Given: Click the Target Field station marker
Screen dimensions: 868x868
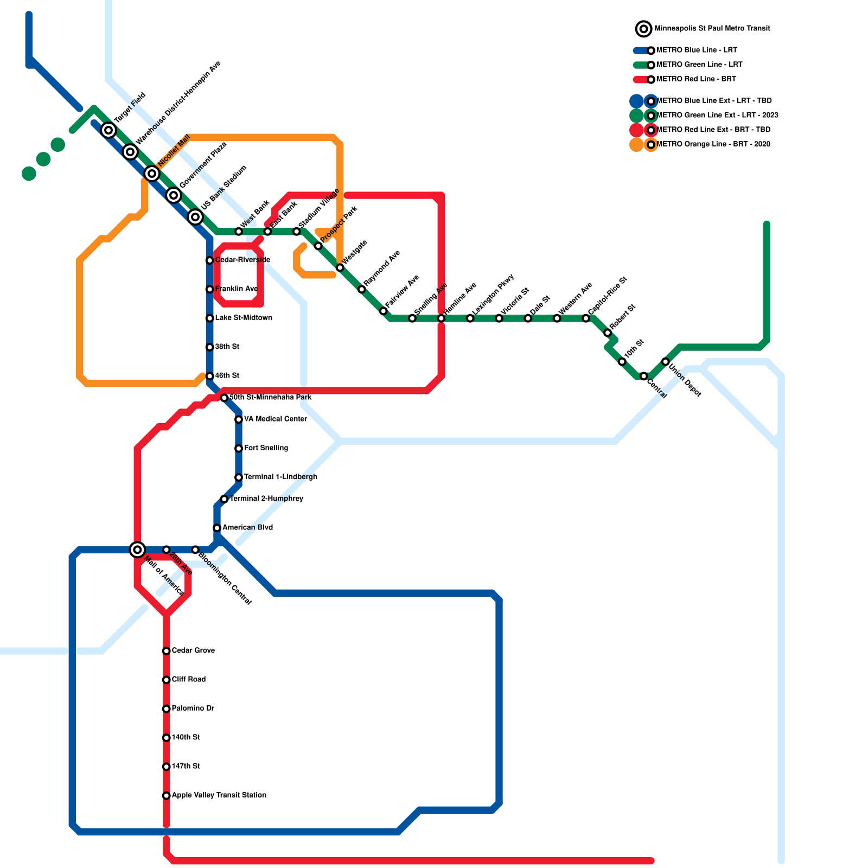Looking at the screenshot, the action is point(109,130).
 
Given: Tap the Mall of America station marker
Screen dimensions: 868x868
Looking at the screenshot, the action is point(138,550).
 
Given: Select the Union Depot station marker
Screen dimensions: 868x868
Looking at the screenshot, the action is point(665,362).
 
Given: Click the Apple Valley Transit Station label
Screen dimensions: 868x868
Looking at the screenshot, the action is point(219,795).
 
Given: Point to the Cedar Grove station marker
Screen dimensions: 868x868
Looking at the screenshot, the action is point(167,651).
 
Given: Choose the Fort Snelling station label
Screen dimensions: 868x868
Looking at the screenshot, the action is point(266,448).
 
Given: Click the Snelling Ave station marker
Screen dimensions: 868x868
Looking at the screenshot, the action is point(412,318).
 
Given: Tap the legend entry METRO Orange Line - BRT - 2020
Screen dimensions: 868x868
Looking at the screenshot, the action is point(713,144).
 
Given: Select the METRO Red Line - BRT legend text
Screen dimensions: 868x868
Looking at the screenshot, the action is point(695,79).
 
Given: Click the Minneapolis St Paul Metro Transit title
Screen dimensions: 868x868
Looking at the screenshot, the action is point(712,28).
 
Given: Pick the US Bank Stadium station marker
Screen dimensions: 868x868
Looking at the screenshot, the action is point(195,217).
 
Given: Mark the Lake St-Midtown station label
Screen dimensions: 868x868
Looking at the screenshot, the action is point(244,318).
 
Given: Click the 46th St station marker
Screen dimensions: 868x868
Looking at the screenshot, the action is point(210,376).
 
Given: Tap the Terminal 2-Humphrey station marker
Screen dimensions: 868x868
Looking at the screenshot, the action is point(224,499).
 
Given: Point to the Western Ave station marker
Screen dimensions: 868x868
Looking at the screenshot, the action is point(557,318).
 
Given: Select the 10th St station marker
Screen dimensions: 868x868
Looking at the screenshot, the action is point(622,362).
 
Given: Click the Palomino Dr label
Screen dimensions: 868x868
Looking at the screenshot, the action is point(193,709).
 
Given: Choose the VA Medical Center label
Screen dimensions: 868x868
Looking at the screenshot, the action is point(275,419).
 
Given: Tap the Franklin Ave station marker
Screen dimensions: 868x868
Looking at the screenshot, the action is point(210,289).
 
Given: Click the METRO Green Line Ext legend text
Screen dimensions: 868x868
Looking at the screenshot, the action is point(717,115).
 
